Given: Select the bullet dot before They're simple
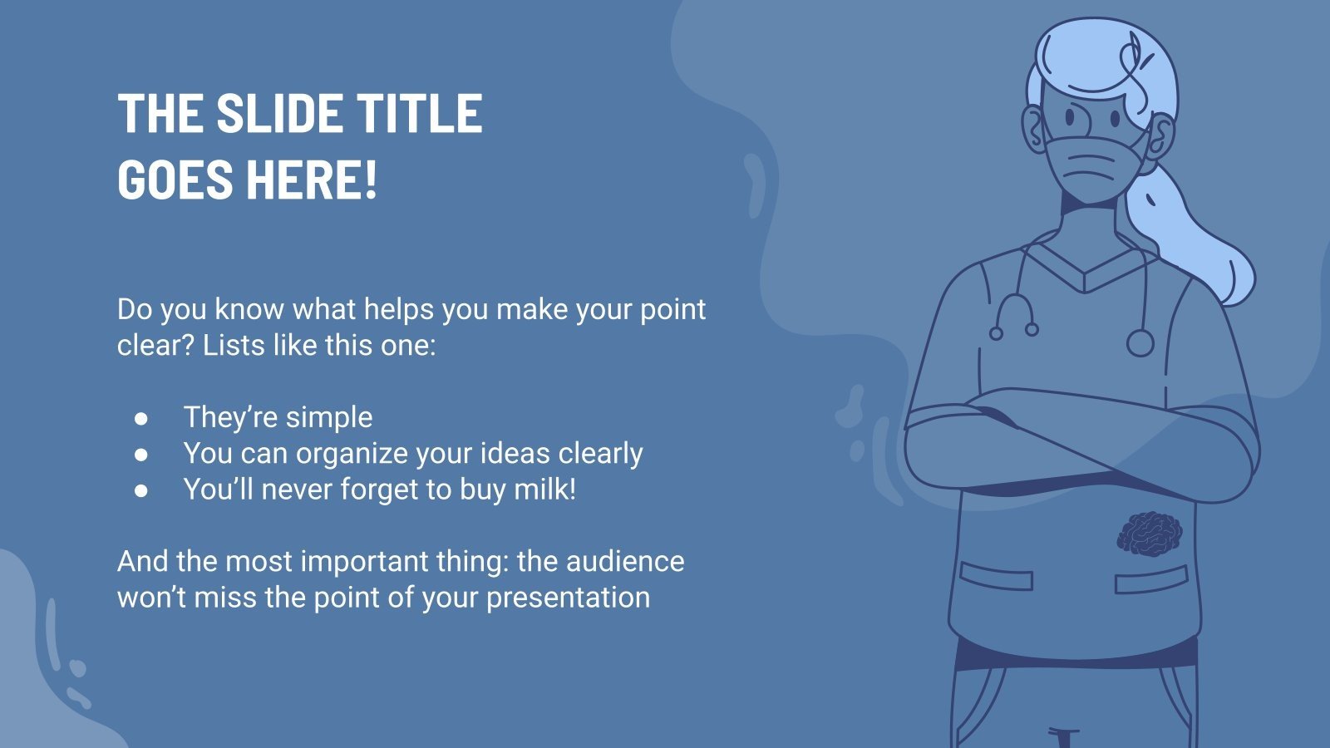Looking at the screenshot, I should [141, 418].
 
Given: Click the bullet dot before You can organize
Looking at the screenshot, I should [141, 455].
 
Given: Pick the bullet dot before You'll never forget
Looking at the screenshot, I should [141, 490].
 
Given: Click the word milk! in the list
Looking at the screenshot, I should [544, 489].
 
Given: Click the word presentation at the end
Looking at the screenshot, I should [568, 598].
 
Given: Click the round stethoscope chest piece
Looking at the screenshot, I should [1140, 342].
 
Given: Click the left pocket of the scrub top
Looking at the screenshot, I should [995, 575].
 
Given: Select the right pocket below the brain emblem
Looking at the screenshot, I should [1150, 579].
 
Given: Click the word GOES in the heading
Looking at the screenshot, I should [175, 179].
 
